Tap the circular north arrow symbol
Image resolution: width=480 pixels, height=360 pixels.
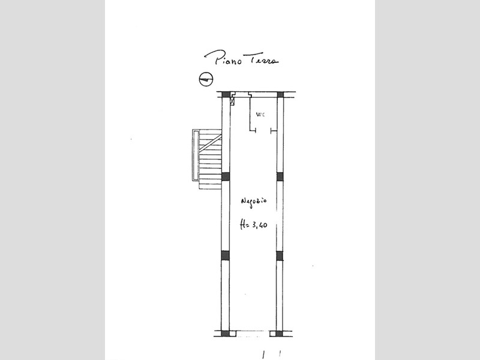click(206, 79)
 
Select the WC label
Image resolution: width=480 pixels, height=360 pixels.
click(260, 115)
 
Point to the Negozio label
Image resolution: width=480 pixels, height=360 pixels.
click(254, 202)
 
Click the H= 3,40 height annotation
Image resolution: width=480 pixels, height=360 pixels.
click(253, 225)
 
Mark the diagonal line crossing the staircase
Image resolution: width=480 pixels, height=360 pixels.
click(211, 143)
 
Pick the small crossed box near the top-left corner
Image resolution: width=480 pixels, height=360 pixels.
click(232, 101)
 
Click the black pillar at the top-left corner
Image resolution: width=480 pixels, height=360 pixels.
click(226, 94)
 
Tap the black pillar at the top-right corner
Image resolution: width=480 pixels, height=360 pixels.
click(280, 94)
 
